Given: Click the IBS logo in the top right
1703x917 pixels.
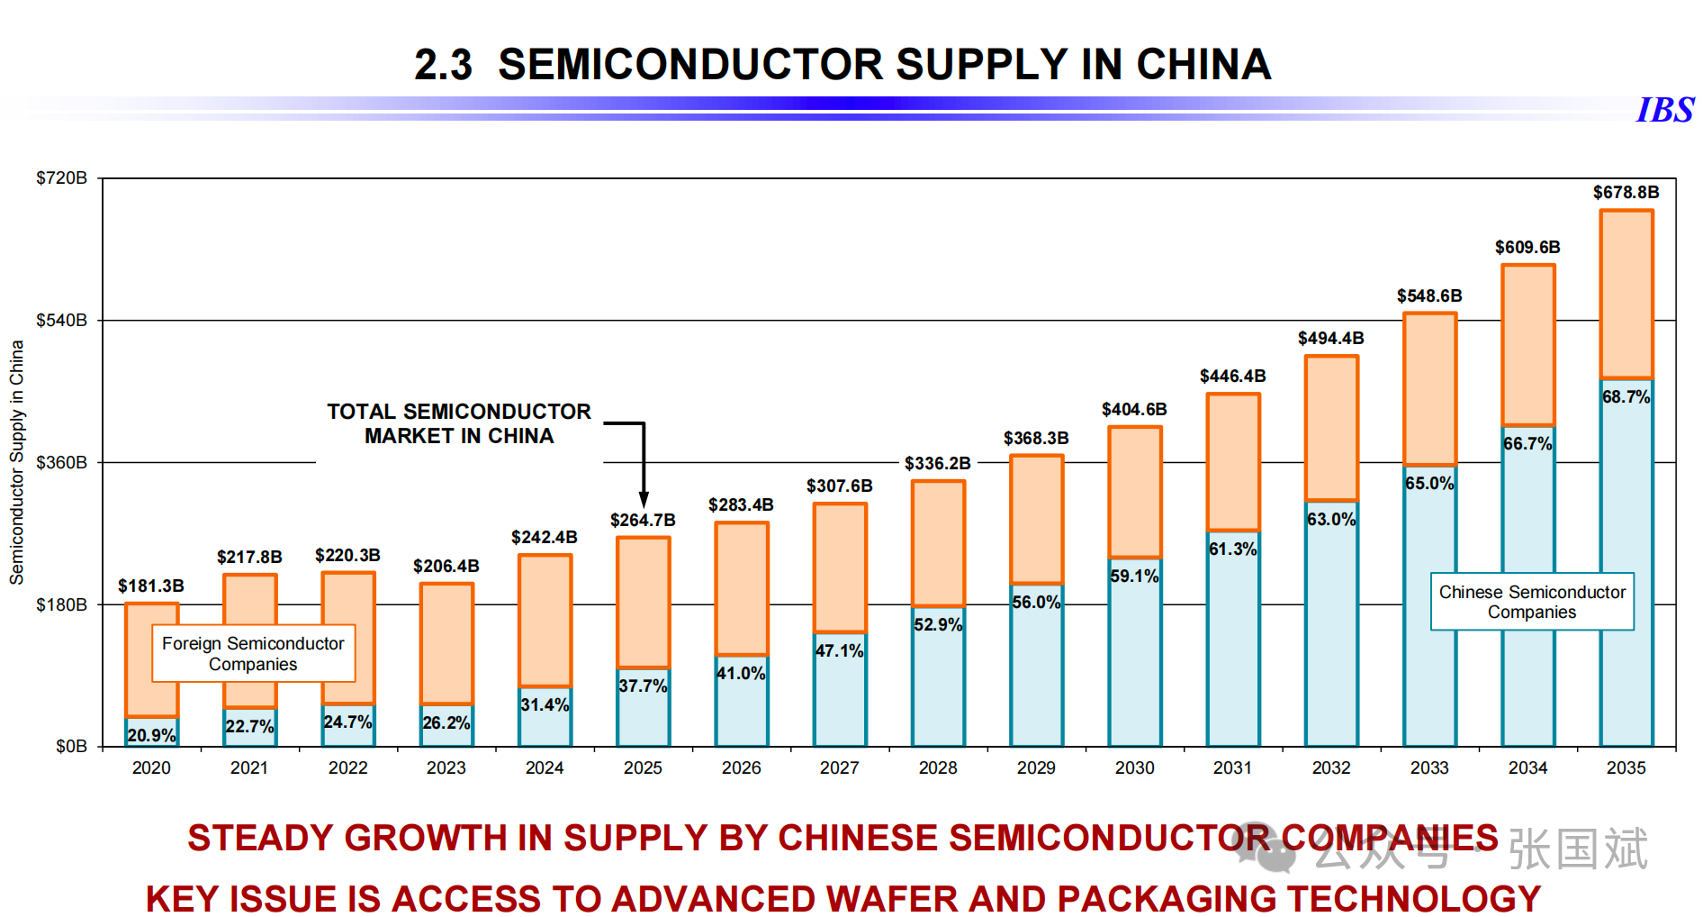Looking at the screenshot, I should click(1664, 110).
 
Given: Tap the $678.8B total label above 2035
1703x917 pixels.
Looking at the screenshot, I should click(1626, 192).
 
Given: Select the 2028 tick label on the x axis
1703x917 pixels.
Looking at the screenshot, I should click(938, 767).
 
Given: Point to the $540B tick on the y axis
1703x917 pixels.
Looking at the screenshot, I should click(61, 320).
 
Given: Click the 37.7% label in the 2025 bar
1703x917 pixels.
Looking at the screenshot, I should click(643, 685).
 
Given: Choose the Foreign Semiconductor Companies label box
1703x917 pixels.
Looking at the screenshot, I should click(253, 653).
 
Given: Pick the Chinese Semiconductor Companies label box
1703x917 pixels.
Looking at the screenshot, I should click(1532, 602).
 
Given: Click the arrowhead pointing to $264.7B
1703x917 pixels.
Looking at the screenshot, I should click(644, 501).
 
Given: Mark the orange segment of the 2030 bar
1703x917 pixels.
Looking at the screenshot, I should click(1134, 492).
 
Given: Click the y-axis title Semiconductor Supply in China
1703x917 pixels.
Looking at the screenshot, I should click(17, 462).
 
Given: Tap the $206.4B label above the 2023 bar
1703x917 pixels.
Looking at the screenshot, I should click(446, 566).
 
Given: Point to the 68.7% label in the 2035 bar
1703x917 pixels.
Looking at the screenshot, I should click(1626, 396).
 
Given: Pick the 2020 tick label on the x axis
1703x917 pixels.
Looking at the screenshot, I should click(151, 767).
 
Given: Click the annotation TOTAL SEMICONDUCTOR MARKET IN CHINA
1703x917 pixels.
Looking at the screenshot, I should click(459, 423).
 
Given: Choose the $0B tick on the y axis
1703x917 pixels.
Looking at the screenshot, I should click(71, 746).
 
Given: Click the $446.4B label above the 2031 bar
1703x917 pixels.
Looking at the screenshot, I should click(1232, 376).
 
